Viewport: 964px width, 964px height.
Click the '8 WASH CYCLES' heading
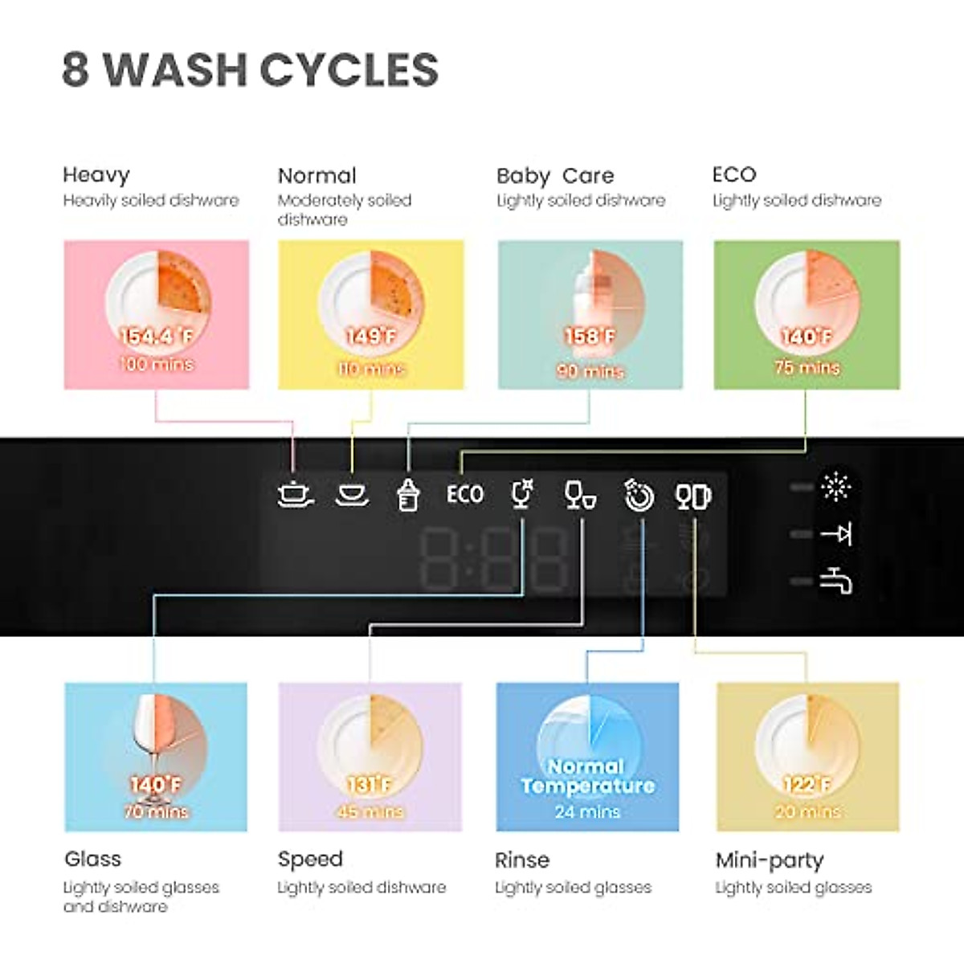pyautogui.click(x=250, y=69)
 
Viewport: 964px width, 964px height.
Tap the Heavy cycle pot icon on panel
pyautogui.click(x=294, y=493)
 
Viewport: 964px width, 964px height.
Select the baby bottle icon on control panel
pyautogui.click(x=408, y=494)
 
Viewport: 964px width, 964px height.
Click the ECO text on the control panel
pyautogui.click(x=465, y=494)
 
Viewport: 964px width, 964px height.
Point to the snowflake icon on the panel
pyautogui.click(x=835, y=487)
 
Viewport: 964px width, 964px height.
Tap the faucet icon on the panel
pyautogui.click(x=835, y=580)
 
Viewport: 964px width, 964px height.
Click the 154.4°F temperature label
pyautogui.click(x=157, y=337)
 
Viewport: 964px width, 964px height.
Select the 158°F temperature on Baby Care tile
pyautogui.click(x=590, y=336)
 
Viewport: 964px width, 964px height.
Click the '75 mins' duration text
pyautogui.click(x=807, y=367)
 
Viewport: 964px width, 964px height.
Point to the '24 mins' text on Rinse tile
pyautogui.click(x=587, y=811)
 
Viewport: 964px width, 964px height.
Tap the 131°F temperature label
pyautogui.click(x=370, y=785)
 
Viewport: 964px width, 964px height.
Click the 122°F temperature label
pyautogui.click(x=807, y=785)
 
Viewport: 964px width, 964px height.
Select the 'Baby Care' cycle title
pyautogui.click(x=555, y=176)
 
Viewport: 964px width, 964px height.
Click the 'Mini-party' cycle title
pyautogui.click(x=770, y=860)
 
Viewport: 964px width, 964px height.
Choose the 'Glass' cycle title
pyautogui.click(x=92, y=859)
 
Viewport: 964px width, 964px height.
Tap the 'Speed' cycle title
pyautogui.click(x=310, y=859)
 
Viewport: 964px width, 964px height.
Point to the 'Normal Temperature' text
pyautogui.click(x=587, y=776)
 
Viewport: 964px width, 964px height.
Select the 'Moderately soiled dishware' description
pyautogui.click(x=344, y=209)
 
